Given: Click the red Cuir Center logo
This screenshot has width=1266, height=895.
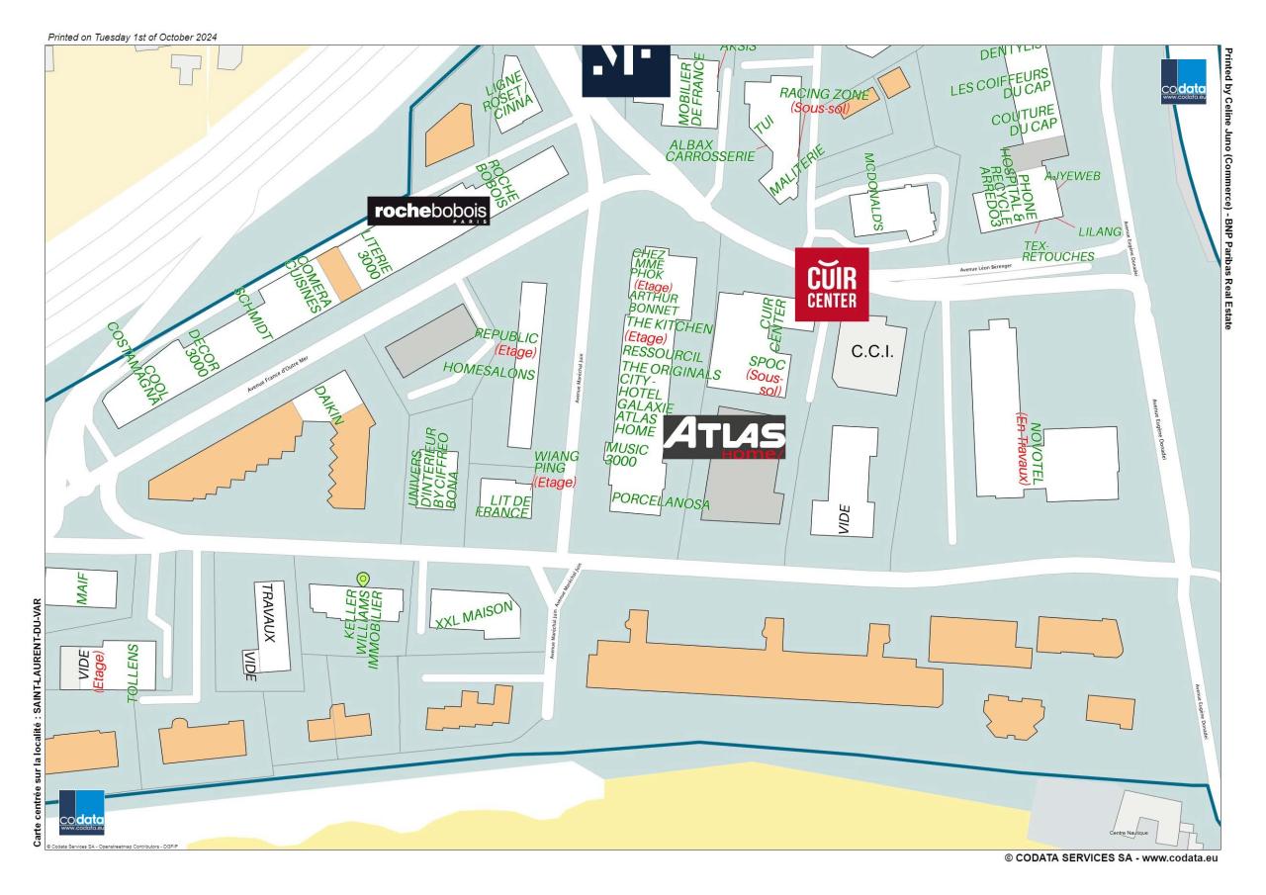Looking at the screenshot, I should pos(832,284).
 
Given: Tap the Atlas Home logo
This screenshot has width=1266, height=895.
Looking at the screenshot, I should pos(724,437).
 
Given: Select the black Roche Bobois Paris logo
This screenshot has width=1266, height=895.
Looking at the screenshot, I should pos(427,211).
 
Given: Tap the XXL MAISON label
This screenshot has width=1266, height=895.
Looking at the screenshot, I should pos(475,616).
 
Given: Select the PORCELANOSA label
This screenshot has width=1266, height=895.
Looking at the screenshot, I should pos(661,502).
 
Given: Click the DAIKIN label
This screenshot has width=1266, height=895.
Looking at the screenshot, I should pos(328,405).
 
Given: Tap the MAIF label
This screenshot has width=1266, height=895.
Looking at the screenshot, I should pos(82,587).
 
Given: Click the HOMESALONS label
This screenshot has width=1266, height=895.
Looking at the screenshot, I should pos(489,373).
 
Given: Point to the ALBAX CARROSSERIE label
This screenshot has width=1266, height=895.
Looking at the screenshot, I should pos(712,149).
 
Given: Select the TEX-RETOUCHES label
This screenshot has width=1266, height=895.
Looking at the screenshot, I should pos(1058,250).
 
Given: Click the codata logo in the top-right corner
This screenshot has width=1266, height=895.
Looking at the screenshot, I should pos(1184,82).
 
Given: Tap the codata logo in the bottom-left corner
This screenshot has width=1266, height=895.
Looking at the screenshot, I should pos(81,812).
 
